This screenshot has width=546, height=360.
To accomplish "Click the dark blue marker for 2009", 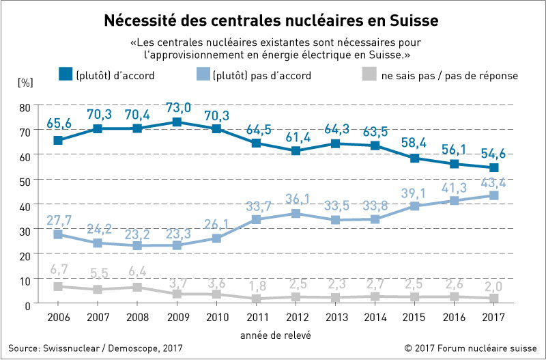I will (177, 122).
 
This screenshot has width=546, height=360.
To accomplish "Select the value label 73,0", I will (177, 107).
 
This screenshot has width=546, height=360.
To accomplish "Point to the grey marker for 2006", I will (58, 286).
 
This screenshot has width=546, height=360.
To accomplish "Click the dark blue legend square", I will (65, 75).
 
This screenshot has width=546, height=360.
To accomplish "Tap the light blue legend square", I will (202, 75).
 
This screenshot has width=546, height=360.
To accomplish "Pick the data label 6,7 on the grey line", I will (58, 271).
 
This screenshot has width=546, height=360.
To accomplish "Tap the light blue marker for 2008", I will (137, 245).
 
